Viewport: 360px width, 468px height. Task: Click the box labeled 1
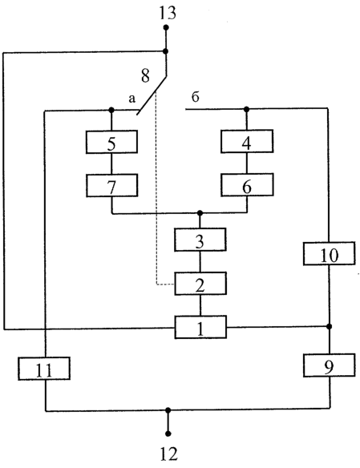tap(200, 327)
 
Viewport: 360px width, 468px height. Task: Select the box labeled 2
tap(200, 283)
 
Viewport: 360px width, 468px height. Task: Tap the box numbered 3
tap(200, 240)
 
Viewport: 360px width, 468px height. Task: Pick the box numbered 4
tap(247, 141)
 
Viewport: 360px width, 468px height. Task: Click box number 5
tap(111, 142)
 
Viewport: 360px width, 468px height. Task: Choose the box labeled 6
tap(247, 185)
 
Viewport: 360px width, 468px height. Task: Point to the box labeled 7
tap(112, 185)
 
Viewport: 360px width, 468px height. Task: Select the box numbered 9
tap(330, 365)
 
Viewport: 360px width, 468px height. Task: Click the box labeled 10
tap(330, 253)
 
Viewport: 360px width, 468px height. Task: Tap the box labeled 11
tap(44, 369)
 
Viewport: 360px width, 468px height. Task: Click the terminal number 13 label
tap(168, 14)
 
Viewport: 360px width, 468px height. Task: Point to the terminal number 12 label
tap(168, 454)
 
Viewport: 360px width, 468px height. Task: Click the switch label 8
tap(145, 75)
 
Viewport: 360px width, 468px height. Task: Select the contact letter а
tap(132, 99)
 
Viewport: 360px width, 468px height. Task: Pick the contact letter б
tap(195, 97)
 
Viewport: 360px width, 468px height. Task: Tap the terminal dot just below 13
tap(166, 28)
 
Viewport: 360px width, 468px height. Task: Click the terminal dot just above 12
tap(168, 434)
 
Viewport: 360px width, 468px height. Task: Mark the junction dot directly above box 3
tap(200, 213)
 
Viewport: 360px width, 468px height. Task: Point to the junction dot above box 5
tap(111, 110)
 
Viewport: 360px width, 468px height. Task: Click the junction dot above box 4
tap(246, 110)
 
